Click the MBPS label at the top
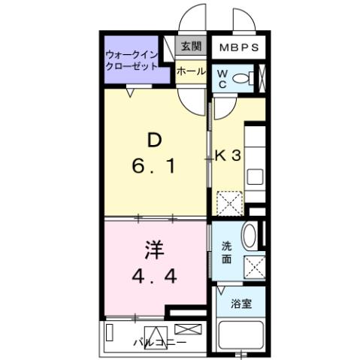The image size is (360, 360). point(239,48)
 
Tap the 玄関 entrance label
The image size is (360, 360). point(190,46)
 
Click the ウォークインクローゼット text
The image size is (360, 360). point(133,60)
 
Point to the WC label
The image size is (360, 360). point(222,79)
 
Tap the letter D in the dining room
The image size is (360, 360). point(153,140)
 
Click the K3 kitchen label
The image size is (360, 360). point(228,156)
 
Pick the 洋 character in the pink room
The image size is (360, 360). point(153,249)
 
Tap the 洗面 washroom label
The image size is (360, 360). point(226,253)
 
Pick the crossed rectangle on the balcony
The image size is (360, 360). point(188,330)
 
